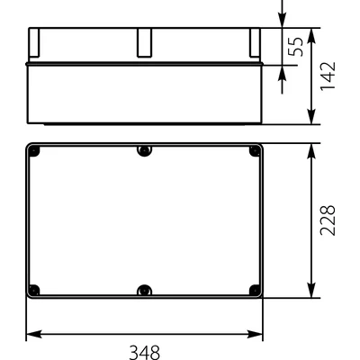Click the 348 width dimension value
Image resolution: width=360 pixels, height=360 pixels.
point(144,351)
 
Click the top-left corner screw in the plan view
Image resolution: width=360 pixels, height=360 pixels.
point(34,150)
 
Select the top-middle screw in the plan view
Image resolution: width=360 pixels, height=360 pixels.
point(144,150)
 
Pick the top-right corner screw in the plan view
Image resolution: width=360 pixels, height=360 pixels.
point(254,150)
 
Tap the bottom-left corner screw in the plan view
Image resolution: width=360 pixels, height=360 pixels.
point(34,290)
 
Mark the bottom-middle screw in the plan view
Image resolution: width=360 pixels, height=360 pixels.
point(144,290)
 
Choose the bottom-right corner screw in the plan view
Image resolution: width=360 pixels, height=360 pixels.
point(254,290)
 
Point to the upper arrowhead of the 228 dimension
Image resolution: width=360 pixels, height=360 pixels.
point(310,149)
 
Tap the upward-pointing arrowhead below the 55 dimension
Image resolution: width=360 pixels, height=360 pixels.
point(285,71)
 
